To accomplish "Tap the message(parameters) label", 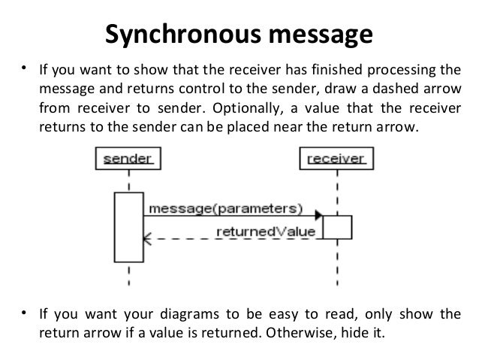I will tap(226, 207).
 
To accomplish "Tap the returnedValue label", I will tap(266, 231).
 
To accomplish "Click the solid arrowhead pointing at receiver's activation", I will tap(318, 216).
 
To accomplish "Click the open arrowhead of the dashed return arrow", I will tap(149, 240).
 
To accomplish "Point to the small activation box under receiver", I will tap(337, 227).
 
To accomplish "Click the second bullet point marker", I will tap(24, 312).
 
